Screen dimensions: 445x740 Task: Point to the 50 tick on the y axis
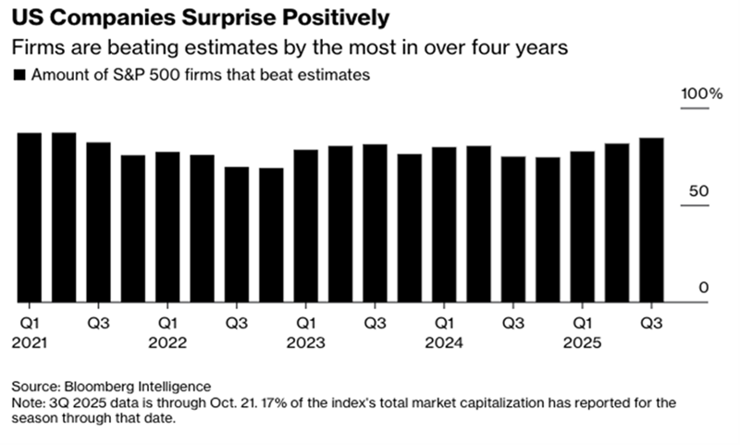[703, 192]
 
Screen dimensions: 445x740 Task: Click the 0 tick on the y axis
[704, 288]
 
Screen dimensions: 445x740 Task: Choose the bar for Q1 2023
[306, 226]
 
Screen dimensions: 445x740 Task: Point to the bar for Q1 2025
[582, 227]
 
